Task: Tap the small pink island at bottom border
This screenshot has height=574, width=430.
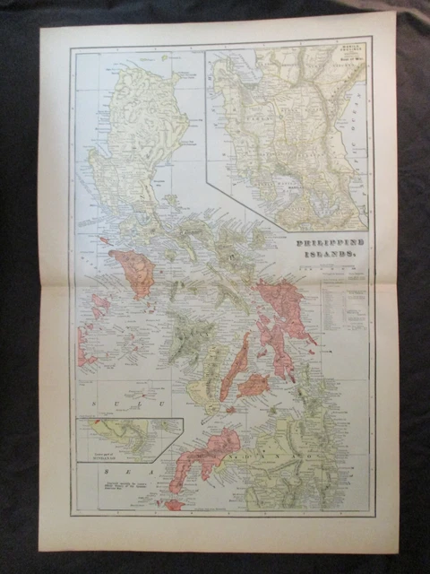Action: [x=174, y=505]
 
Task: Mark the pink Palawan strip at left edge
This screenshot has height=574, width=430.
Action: [x=82, y=345]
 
